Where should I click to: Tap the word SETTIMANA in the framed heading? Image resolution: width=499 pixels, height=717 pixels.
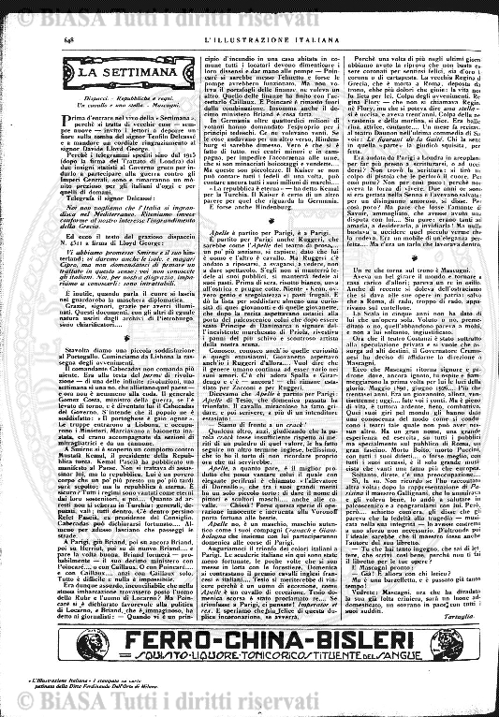click(x=108, y=71)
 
